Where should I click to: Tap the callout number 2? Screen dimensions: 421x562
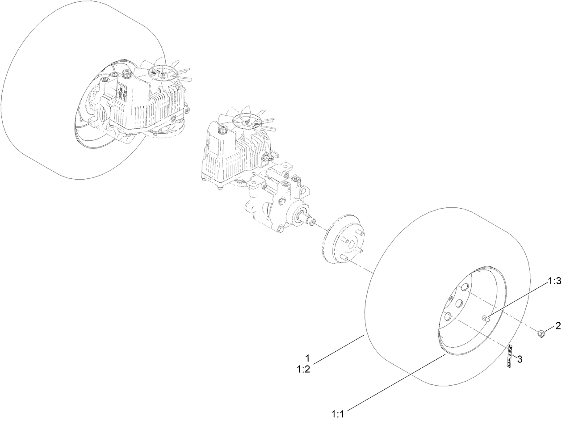(557, 326)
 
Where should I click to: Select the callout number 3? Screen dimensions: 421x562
(519, 359)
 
